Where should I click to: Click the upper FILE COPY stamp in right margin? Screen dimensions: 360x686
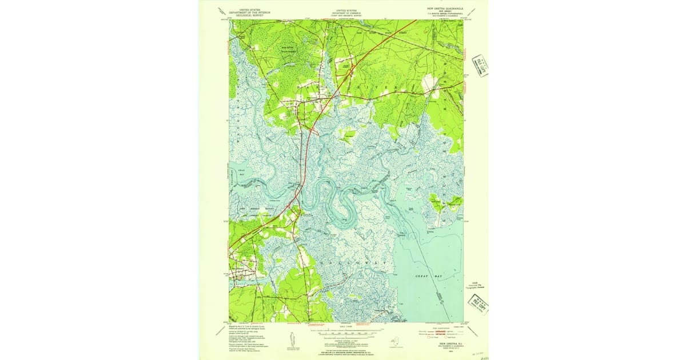tap(480, 65)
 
